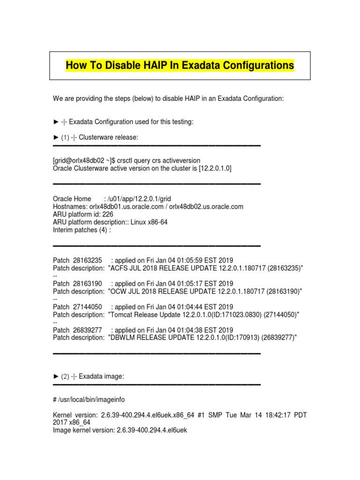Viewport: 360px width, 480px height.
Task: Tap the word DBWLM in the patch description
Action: tap(123, 337)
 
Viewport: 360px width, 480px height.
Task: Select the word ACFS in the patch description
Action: tap(120, 268)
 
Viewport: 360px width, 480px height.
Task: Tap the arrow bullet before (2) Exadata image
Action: tap(55, 376)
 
